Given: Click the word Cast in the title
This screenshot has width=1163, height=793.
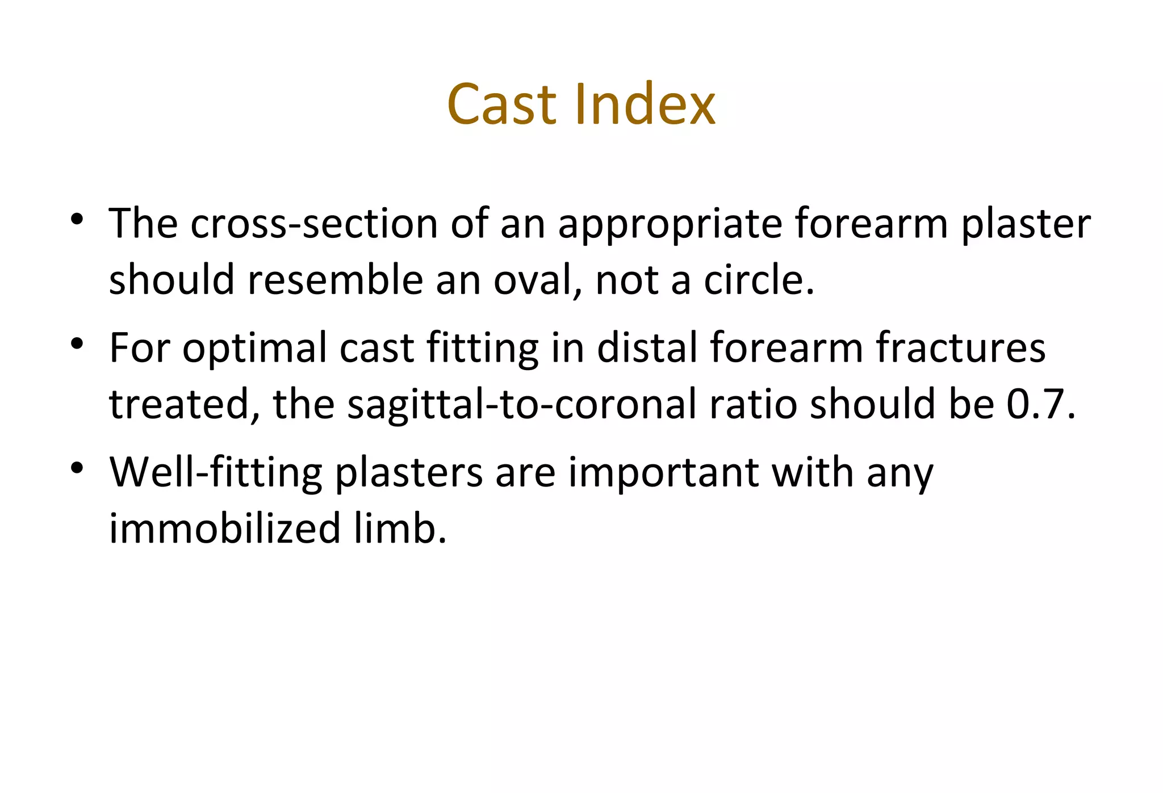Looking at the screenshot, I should pyautogui.click(x=501, y=105).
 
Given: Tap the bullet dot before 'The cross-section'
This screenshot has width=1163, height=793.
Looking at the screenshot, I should pyautogui.click(x=78, y=220).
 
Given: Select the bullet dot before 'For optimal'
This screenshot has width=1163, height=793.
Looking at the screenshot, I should pyautogui.click(x=78, y=343).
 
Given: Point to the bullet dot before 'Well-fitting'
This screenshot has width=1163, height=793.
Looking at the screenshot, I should pyautogui.click(x=78, y=468).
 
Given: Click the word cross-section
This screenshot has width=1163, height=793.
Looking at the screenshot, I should pyautogui.click(x=314, y=224).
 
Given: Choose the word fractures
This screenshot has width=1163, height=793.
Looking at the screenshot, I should pyautogui.click(x=960, y=348).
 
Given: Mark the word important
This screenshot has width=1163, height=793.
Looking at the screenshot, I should pyautogui.click(x=663, y=473).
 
